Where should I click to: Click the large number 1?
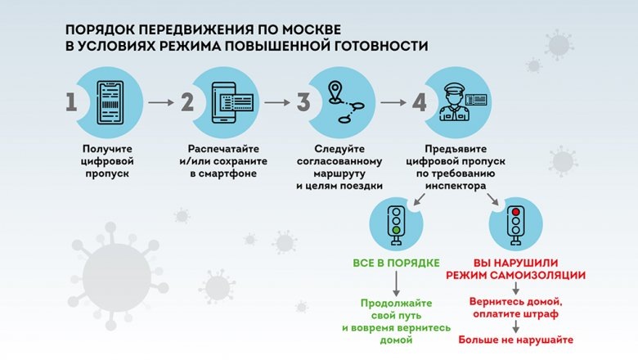click(71, 104)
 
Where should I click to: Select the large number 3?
click(303, 104)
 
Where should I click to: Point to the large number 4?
click(419, 104)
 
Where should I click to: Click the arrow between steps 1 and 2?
click(160, 103)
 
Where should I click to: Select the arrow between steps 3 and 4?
click(393, 103)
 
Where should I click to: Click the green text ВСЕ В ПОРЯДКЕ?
click(397, 263)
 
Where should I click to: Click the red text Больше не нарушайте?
click(516, 340)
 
